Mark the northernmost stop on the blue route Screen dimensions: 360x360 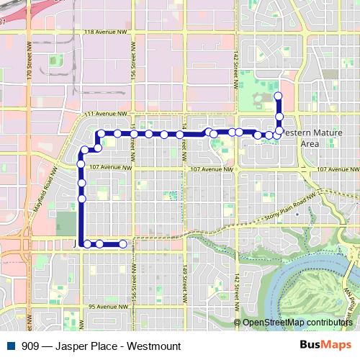(279, 96)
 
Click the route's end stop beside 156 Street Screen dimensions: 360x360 (122, 244)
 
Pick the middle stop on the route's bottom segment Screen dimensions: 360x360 (99, 244)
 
